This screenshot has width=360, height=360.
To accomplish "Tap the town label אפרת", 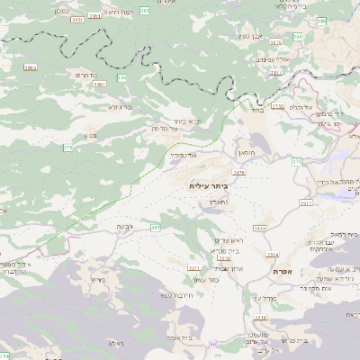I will coord(282,270).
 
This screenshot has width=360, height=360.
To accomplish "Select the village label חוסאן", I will coord(247,154).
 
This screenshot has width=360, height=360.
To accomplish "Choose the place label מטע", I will coord(90,135).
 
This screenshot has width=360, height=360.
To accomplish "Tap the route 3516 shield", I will coord(260,318).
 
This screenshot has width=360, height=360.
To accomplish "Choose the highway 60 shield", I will coord(214,343).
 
